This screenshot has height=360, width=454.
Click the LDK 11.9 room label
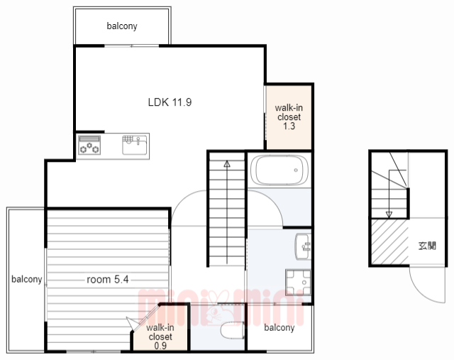(x=170, y=102)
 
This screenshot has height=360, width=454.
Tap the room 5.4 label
(x=107, y=280)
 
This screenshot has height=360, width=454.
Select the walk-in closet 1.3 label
(x=289, y=117)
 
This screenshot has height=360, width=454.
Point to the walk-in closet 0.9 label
(x=160, y=337)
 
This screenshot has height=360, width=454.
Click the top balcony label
(x=122, y=26)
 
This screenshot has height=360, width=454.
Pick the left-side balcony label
(x=27, y=279)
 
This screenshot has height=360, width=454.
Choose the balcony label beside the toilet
(x=279, y=327)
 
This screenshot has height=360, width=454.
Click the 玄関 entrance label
(x=427, y=246)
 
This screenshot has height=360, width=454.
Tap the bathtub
(x=279, y=170)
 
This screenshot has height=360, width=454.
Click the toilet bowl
(x=232, y=330)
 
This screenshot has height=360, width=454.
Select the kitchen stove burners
(x=89, y=145)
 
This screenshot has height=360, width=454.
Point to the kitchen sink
(x=135, y=145)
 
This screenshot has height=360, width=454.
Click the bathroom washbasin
(x=303, y=246)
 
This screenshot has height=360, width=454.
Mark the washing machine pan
(x=298, y=283)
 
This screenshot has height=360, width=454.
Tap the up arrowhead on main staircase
(x=227, y=164)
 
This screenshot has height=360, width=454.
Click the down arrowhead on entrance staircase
(x=389, y=214)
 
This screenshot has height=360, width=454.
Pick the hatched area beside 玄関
(x=389, y=241)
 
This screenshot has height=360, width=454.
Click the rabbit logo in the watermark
(x=216, y=308)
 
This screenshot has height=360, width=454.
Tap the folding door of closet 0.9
(x=143, y=317)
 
